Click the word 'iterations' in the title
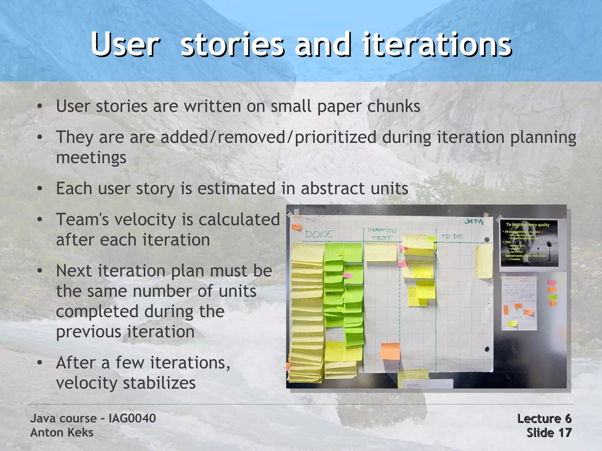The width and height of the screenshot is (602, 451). click(437, 45)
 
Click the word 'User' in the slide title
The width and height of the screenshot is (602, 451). click(126, 45)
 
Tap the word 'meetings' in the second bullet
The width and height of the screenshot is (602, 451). click(91, 158)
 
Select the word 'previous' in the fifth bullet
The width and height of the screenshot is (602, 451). click(88, 332)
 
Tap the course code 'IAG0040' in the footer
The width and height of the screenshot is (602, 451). click(132, 418)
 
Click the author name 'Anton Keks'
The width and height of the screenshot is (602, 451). click(62, 432)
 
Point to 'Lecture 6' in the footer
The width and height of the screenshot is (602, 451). click(544, 418)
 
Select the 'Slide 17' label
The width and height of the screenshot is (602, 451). click(549, 433)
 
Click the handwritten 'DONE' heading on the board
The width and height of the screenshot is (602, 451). click(319, 234)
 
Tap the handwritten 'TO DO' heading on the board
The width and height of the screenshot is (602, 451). click(452, 236)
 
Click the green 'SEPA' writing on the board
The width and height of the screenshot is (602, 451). click(474, 222)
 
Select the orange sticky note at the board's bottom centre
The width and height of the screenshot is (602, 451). click(390, 351)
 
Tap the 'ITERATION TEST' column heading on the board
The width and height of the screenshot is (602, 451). click(382, 234)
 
